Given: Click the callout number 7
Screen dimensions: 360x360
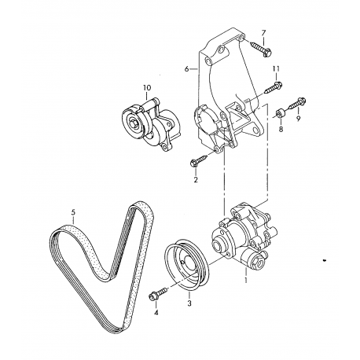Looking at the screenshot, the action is [x=263, y=33].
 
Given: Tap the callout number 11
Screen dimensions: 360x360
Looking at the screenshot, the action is [x=276, y=69].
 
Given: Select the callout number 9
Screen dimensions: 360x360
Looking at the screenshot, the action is [x=299, y=119].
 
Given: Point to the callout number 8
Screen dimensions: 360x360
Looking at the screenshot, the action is [x=281, y=129].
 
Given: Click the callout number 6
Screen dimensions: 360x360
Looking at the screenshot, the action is [x=186, y=69].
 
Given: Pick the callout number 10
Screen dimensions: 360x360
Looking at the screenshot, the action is [x=147, y=87].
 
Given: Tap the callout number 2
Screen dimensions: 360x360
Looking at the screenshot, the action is [x=196, y=180].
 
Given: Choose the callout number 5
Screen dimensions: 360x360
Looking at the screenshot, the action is [x=73, y=211].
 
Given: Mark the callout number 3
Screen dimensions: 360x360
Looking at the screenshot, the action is [x=189, y=303].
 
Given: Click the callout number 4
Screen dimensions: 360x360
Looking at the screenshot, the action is [x=156, y=312].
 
